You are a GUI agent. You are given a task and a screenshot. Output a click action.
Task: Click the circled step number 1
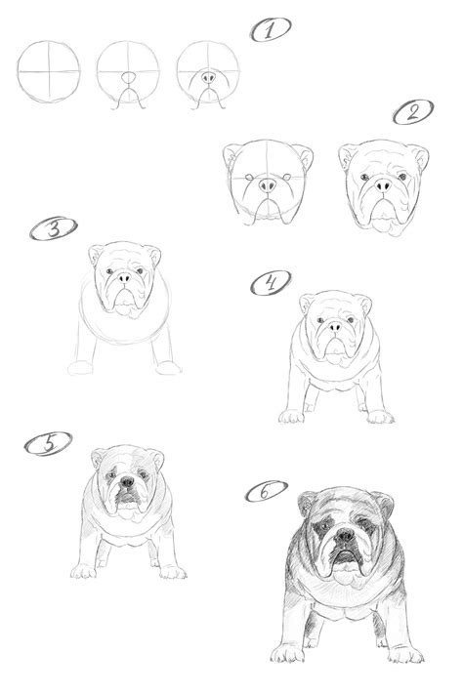[x=271, y=30]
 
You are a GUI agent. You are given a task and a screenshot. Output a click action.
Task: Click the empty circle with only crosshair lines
[x=49, y=71]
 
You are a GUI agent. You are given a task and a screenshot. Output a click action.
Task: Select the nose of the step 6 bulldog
[x=343, y=536]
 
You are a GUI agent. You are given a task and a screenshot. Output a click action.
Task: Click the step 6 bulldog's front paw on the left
[x=290, y=652]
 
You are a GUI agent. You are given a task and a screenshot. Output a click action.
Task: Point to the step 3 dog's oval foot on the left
[x=79, y=368]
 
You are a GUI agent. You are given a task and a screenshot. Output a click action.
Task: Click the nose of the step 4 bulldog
[x=335, y=326]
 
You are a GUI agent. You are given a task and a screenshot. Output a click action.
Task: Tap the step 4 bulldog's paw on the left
[x=291, y=417]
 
